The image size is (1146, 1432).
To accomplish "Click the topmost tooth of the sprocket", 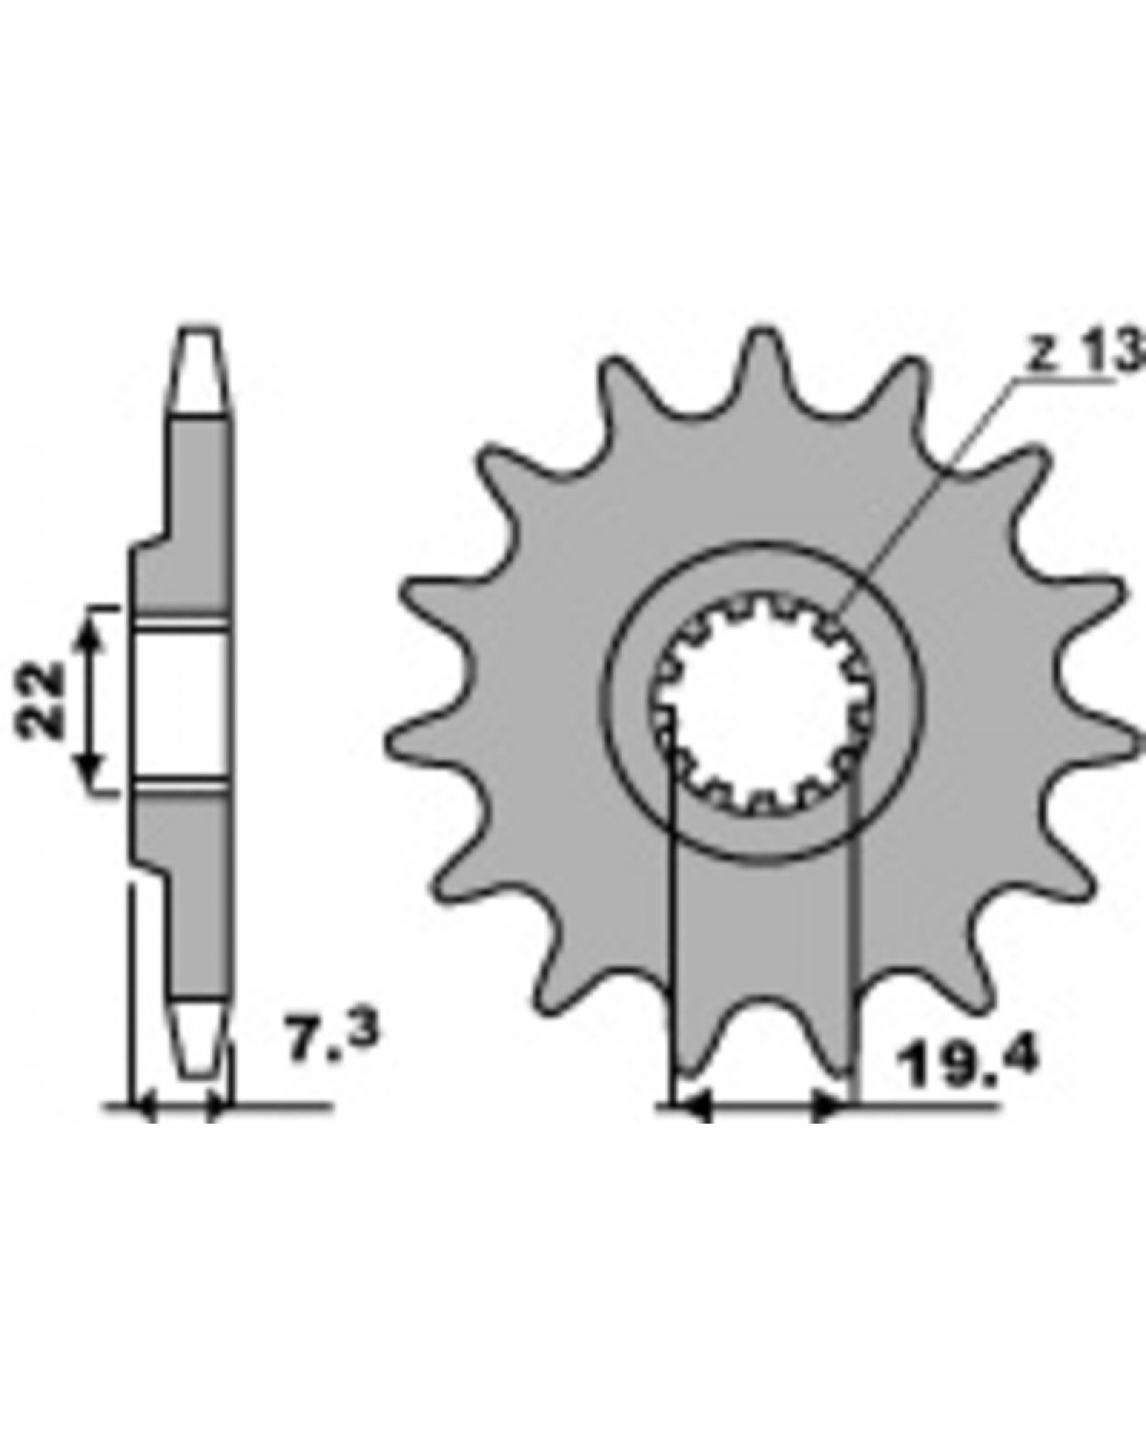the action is (x=762, y=359).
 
